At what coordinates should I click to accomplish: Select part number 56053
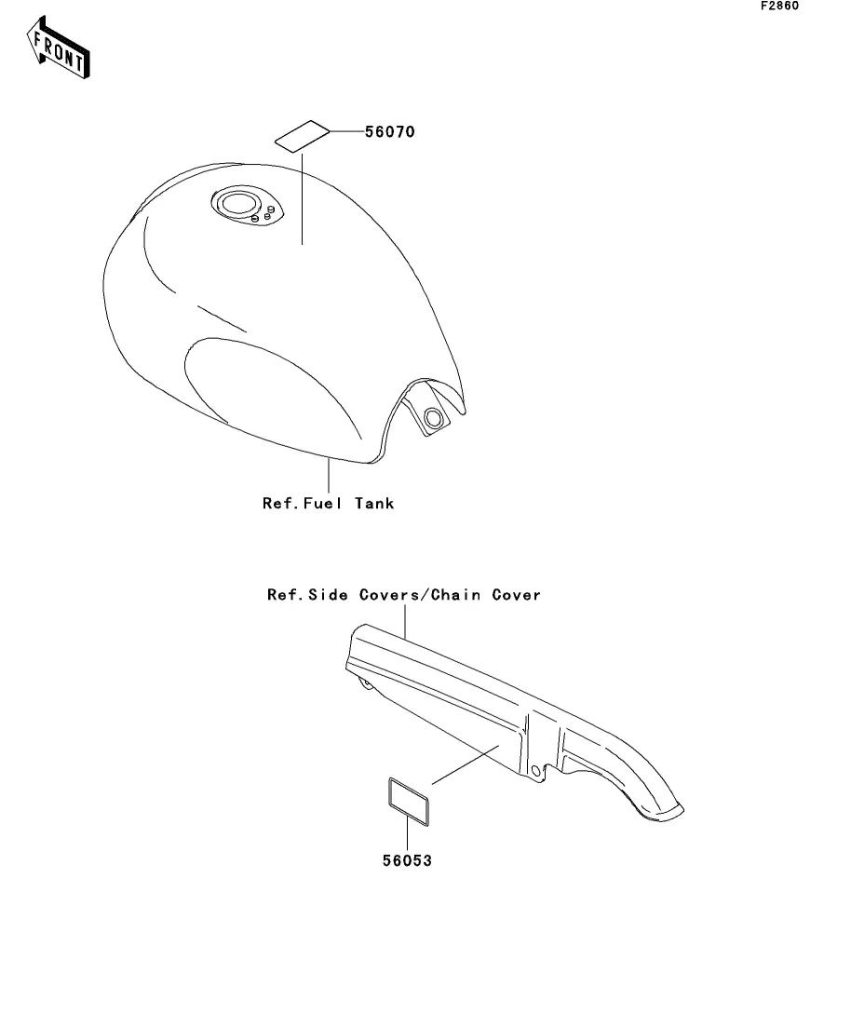(407, 860)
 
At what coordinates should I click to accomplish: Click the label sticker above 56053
(407, 797)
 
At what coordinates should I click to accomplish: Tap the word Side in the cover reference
(328, 594)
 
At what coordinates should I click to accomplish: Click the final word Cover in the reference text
(516, 594)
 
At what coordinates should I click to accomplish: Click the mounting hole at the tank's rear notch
(432, 419)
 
